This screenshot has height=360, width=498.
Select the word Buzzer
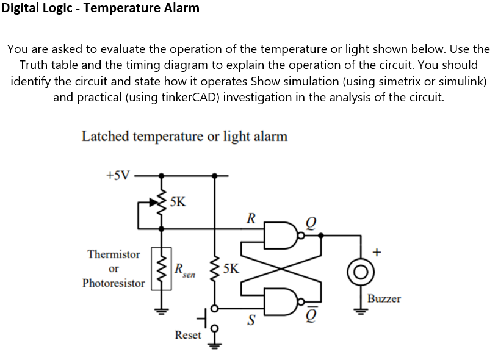[384, 298]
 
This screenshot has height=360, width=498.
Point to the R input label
[250, 217]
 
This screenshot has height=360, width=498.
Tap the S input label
[250, 319]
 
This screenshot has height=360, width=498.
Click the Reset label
[187, 335]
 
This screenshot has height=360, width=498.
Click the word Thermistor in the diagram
[114, 254]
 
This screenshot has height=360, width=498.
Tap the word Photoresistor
[114, 283]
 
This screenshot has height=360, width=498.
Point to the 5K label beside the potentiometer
[179, 201]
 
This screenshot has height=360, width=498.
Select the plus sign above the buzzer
[377, 251]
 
